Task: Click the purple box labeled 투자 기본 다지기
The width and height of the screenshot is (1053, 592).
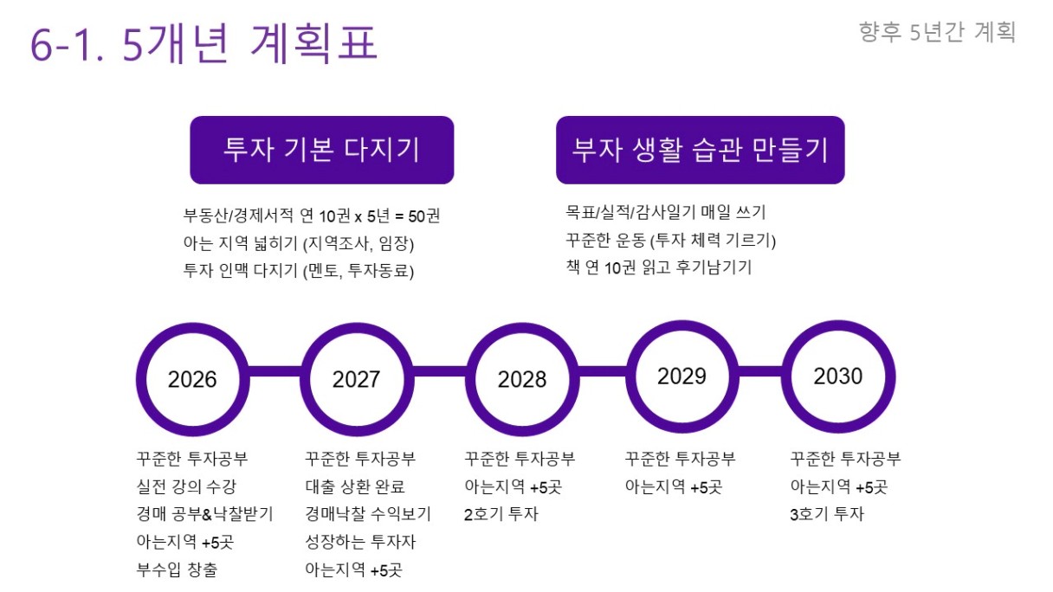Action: coord(322,150)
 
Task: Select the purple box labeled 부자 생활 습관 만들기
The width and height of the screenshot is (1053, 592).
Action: coord(701,150)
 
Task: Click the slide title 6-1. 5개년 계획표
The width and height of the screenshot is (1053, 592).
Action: coord(204,43)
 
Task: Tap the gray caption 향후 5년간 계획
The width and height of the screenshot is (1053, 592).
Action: coord(937,32)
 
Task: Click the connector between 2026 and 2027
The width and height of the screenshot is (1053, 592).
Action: coord(275,371)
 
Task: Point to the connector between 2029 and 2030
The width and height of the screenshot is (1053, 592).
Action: coord(760,371)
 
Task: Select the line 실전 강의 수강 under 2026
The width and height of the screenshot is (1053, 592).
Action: coord(186,486)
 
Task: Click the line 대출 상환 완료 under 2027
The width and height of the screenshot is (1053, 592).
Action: coord(355,486)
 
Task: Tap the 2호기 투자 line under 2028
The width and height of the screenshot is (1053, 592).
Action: coord(501,514)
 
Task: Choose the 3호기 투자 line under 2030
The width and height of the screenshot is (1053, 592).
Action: coord(827,514)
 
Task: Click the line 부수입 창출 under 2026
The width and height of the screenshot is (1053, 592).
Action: coord(178,569)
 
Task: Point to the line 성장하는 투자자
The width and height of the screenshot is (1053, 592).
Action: coord(360,542)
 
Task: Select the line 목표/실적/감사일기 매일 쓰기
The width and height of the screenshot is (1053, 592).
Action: coord(666,212)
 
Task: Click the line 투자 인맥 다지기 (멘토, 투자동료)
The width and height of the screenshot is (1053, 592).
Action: coord(299,271)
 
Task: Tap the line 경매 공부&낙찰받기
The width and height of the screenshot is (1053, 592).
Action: coord(204,514)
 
